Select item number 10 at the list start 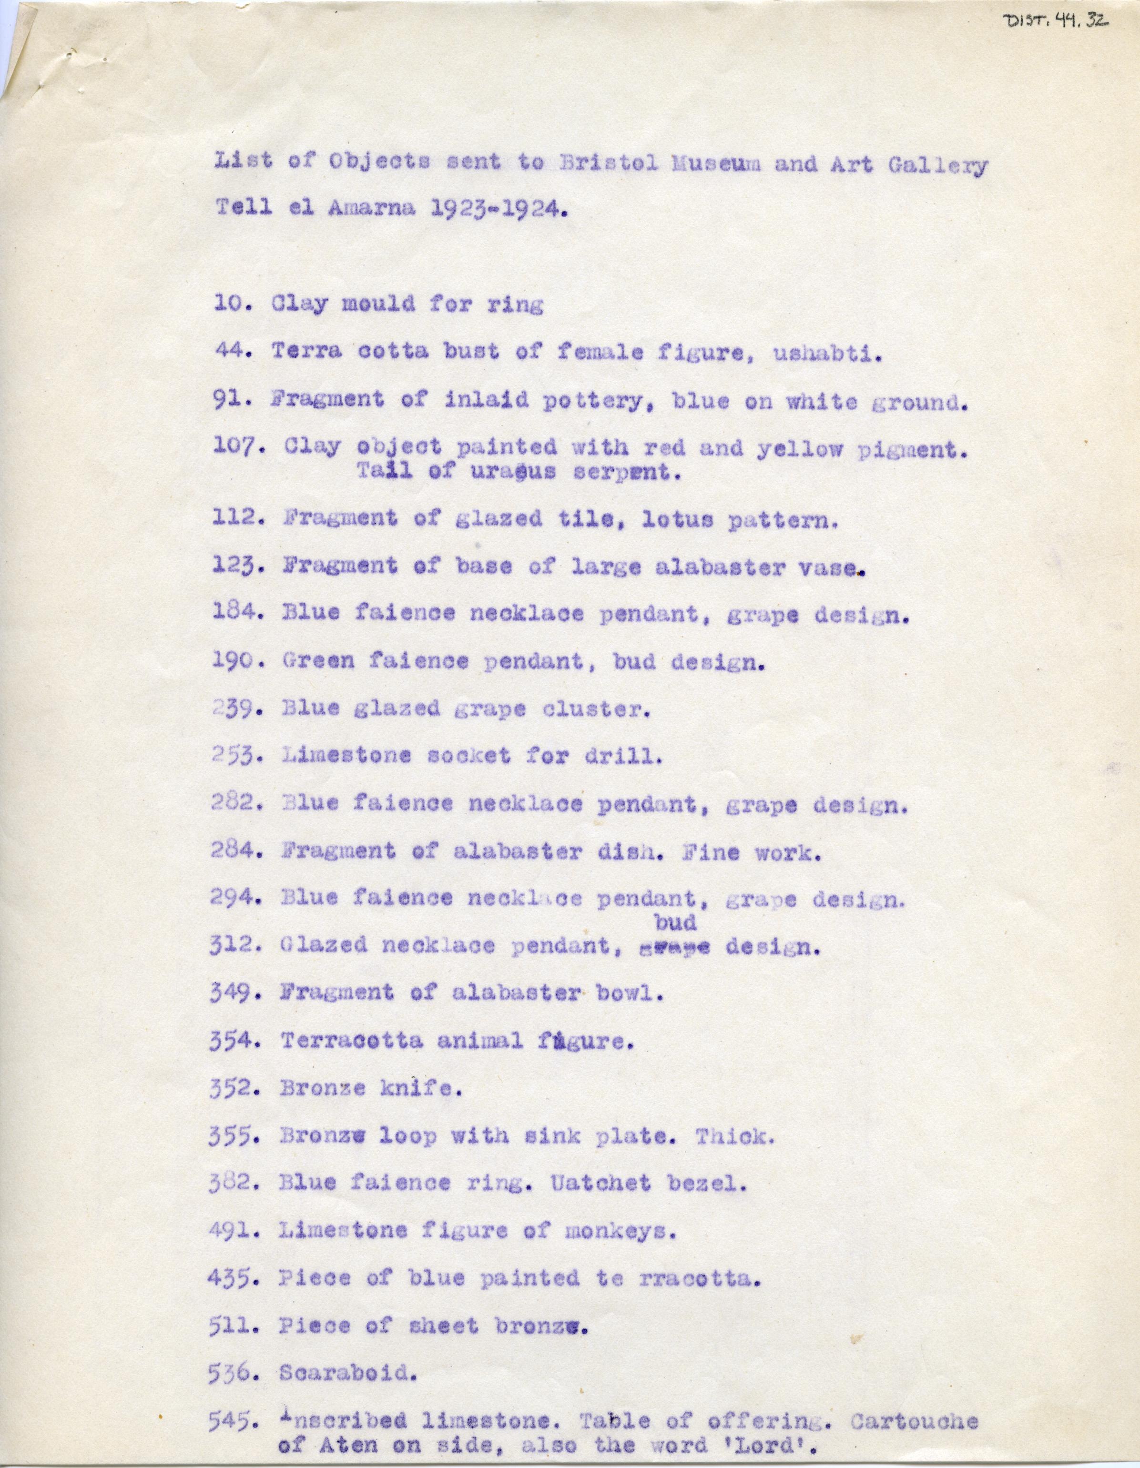click(232, 304)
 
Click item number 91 click(233, 400)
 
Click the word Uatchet click(600, 1184)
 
